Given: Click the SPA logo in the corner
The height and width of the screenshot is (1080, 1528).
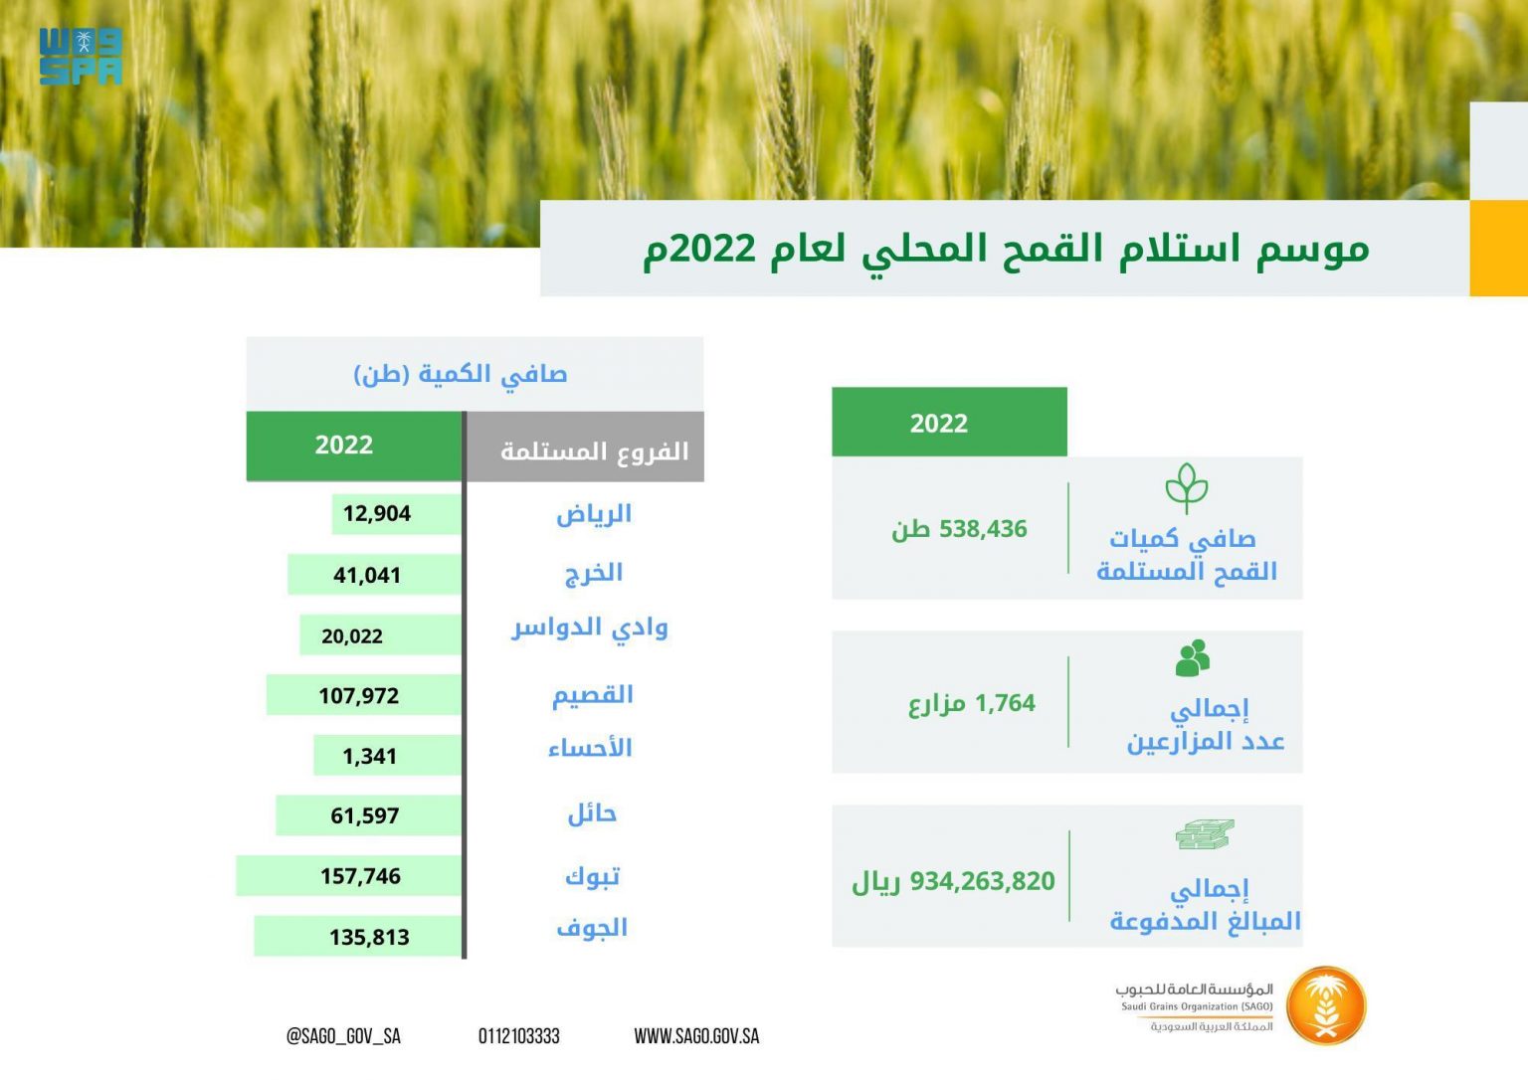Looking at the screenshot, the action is pos(81,56).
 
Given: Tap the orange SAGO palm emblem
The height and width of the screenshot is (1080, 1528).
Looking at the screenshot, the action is pos(1325,1005).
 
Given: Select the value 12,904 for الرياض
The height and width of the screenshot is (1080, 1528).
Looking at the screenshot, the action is pos(377,513).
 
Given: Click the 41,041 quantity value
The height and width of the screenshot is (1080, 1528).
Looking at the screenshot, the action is pos(366,575).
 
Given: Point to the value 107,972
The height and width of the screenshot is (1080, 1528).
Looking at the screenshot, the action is pos(359,695).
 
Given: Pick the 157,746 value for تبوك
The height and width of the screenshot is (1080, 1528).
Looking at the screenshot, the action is pos(360,876).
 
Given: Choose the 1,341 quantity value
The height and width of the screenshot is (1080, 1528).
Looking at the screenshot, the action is pos(369,756).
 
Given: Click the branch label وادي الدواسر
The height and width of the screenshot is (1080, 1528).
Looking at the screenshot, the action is pos(590,628).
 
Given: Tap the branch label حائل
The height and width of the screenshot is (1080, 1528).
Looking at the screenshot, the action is pos(592,813).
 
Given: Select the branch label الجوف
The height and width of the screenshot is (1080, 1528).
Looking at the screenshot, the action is pos(592,928).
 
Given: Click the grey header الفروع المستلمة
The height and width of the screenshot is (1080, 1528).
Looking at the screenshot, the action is pos(594,451).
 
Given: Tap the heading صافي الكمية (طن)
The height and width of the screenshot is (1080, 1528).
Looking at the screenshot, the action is pos(461,374).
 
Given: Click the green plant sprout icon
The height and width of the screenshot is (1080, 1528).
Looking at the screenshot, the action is pos(1187,488).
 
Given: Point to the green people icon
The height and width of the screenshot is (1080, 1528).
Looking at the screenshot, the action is pos(1193,657).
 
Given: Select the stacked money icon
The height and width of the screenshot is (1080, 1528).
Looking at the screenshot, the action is pos(1205,834).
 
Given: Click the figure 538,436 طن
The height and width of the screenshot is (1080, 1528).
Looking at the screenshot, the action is pos(959,529).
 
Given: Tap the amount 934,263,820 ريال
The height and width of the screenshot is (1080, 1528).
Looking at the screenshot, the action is pos(953,881).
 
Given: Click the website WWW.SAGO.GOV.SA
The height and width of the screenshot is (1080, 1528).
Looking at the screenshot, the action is pos(696,1036).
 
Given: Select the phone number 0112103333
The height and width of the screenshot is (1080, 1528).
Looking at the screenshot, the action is pos(518,1036).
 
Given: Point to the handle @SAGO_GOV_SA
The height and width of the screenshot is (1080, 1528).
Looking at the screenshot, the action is pos(343,1036).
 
